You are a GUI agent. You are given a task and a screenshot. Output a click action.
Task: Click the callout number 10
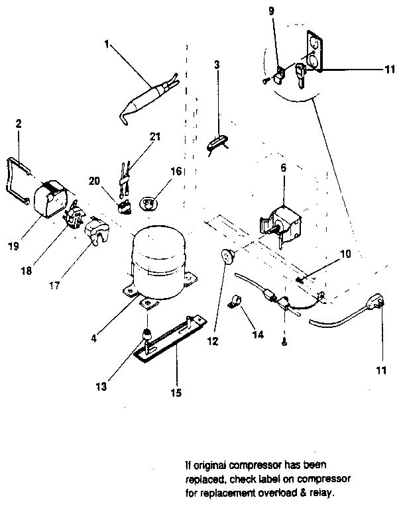click(346, 254)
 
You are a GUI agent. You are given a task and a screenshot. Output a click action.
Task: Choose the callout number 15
click(176, 391)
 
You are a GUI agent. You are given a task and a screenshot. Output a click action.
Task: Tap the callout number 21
click(155, 136)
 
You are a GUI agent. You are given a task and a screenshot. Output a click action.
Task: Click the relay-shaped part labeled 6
click(282, 222)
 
